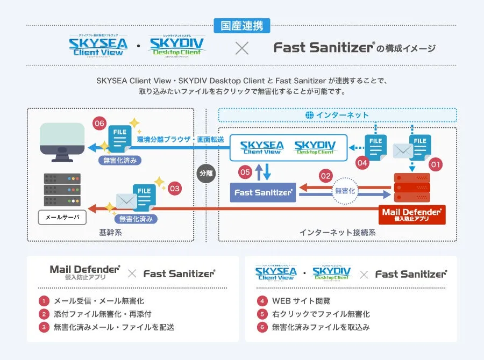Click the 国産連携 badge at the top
(x=242, y=25)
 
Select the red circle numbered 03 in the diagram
(x=175, y=189)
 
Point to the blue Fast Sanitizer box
(x=263, y=192)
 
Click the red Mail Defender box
(x=411, y=214)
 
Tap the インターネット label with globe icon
(x=337, y=115)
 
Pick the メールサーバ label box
(x=62, y=217)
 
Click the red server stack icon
(x=411, y=186)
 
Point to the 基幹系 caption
(x=110, y=233)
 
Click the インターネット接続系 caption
(x=337, y=233)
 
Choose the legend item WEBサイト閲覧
(x=301, y=301)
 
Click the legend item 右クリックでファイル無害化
(x=321, y=314)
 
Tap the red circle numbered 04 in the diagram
(x=362, y=162)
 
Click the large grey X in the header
(x=242, y=48)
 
